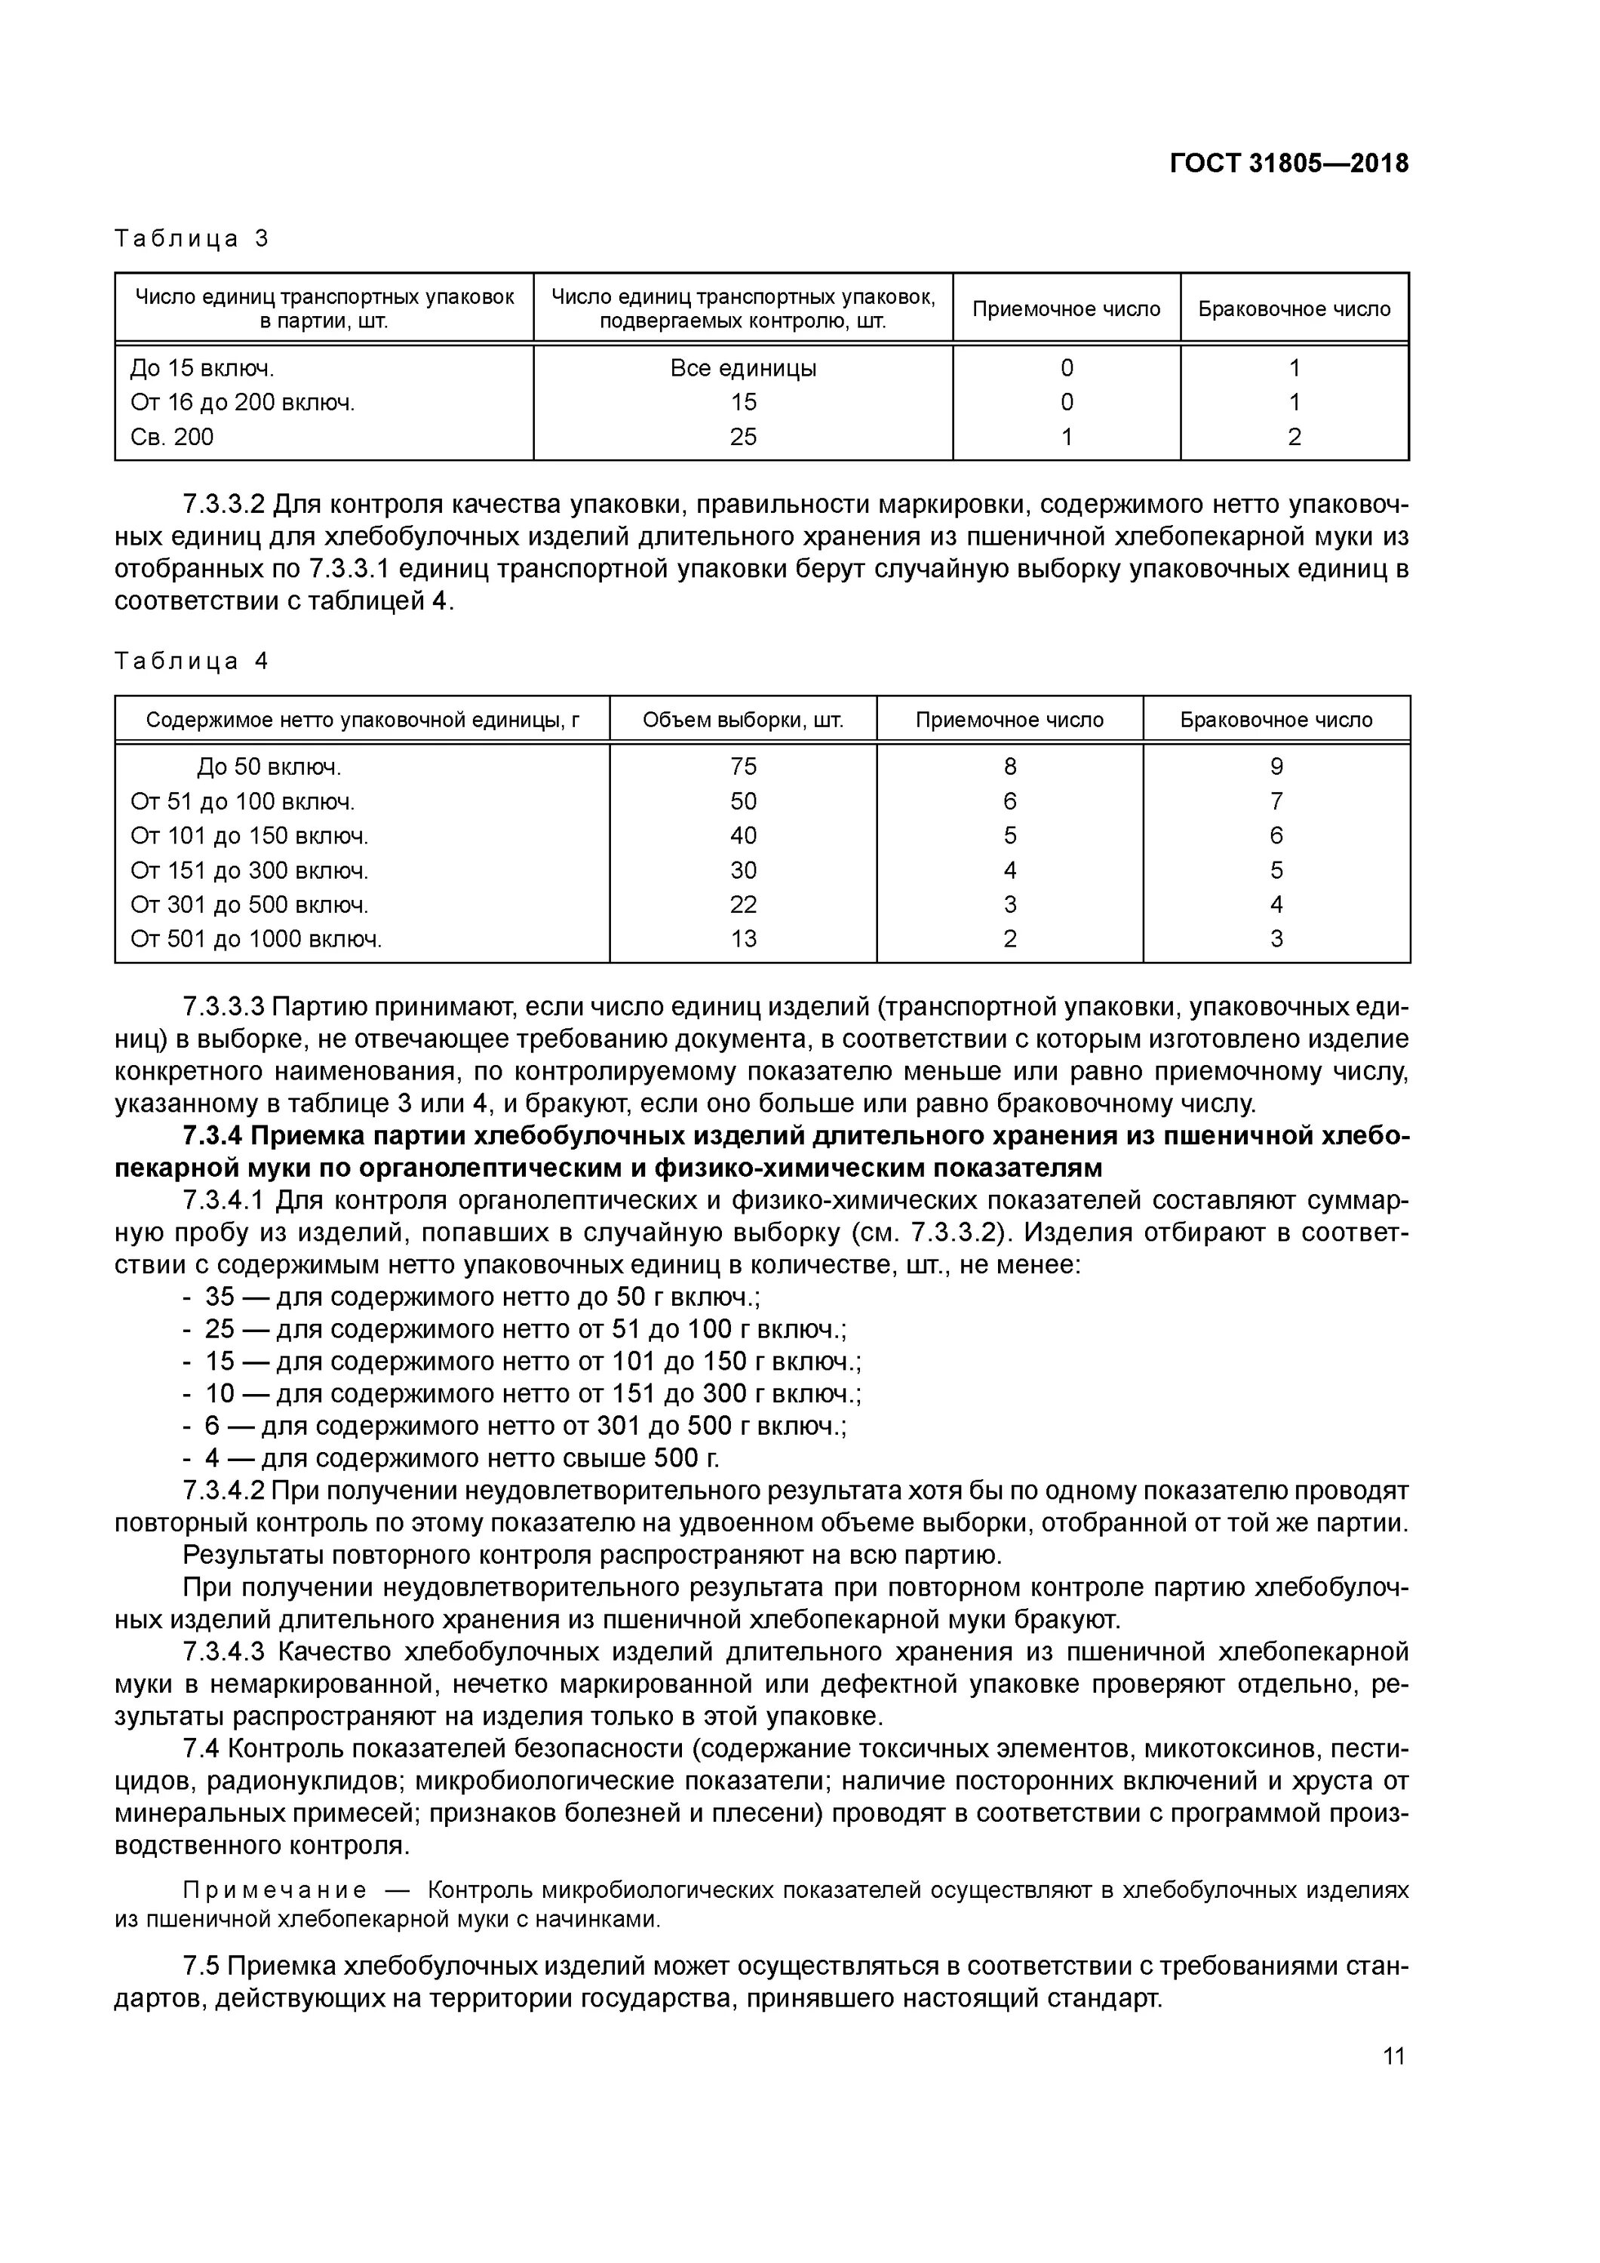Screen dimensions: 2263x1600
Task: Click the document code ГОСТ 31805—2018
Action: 1288,164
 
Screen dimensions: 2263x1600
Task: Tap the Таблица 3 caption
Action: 192,238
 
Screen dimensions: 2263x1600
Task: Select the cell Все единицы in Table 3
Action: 742,369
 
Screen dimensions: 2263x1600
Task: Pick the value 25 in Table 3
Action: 742,437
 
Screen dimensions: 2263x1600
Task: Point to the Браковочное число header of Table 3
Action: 1294,309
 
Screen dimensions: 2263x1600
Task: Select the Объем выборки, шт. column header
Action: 742,720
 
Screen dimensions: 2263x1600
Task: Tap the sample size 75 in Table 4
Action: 742,767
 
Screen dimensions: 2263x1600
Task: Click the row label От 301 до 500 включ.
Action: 250,904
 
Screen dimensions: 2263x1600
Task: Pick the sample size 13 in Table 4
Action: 742,939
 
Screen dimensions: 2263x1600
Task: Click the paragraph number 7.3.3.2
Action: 224,505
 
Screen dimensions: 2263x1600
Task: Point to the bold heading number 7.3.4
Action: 212,1137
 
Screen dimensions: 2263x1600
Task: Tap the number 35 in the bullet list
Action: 219,1297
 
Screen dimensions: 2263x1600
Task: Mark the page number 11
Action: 1393,2056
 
